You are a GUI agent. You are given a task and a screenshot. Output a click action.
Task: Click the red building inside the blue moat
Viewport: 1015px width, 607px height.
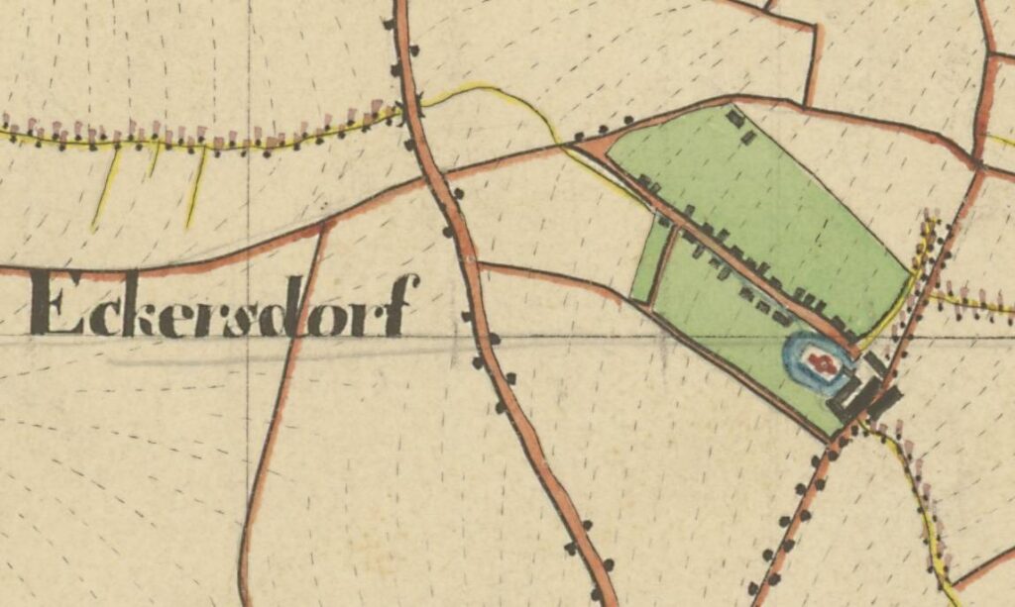[x=819, y=362]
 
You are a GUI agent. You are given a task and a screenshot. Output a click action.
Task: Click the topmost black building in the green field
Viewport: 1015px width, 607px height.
[x=734, y=118]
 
